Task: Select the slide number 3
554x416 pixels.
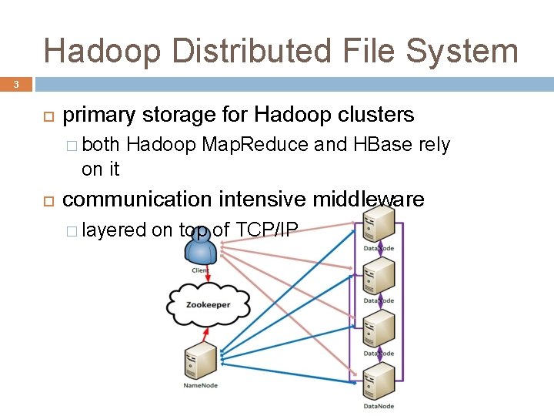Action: pyautogui.click(x=15, y=84)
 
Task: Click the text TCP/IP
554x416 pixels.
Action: pyautogui.click(x=268, y=229)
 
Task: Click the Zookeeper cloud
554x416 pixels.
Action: pyautogui.click(x=207, y=304)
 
